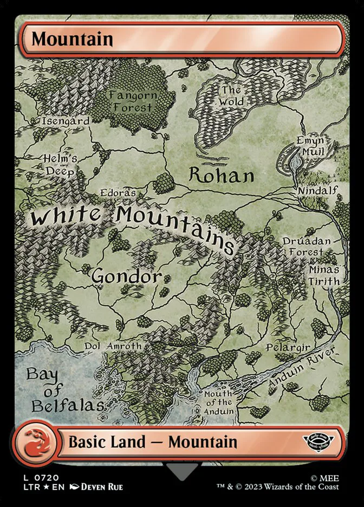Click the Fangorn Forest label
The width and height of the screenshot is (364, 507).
133,101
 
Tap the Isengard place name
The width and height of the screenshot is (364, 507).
66,122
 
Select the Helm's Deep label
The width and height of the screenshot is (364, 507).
61,165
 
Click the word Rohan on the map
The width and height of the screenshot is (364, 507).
221,175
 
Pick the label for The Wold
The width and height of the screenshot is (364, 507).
232,96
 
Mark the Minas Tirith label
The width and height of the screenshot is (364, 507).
324,275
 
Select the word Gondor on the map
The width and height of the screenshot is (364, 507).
126,276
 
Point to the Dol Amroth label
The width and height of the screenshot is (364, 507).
113,346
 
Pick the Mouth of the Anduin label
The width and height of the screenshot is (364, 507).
218,402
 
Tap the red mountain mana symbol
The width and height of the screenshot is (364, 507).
33,443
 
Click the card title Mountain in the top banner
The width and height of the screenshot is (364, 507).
72,39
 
